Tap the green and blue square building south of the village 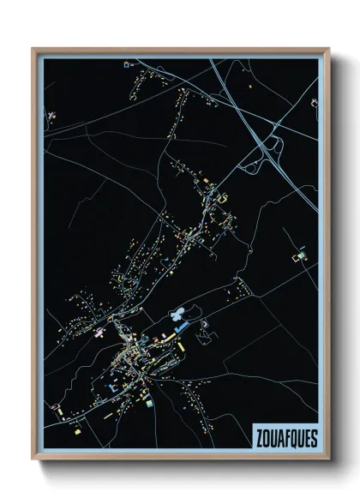149,400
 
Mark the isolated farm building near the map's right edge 300,255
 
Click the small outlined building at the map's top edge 128,63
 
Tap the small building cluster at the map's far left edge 51,115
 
